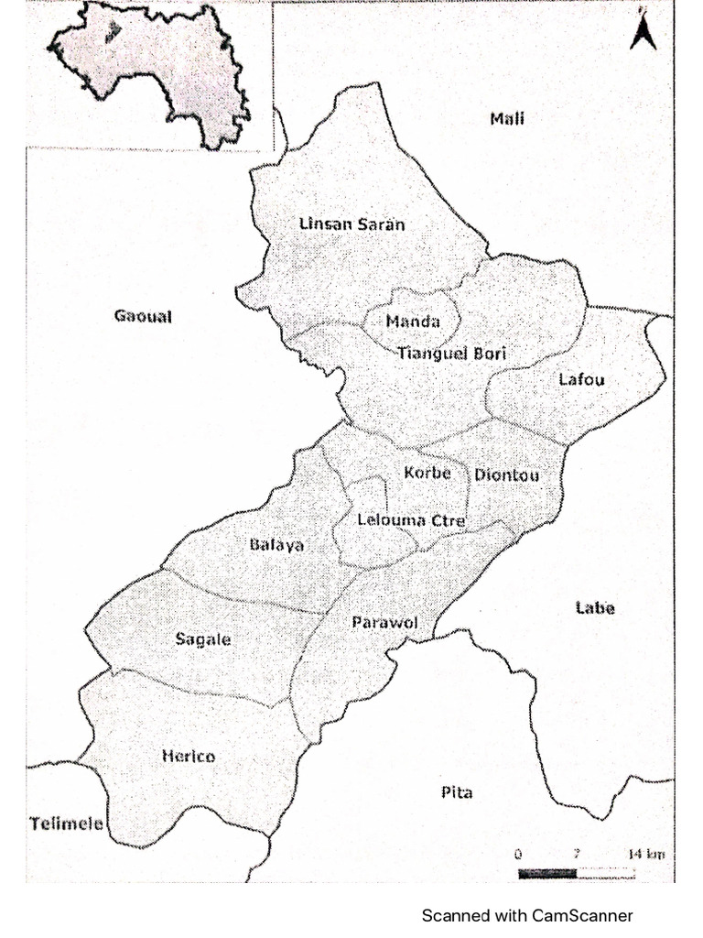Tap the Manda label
click(x=412, y=322)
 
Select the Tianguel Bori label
click(x=452, y=353)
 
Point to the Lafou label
click(x=582, y=379)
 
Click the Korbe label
click(x=427, y=474)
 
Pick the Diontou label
click(x=506, y=475)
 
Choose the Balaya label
click(x=276, y=545)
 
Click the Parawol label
click(x=384, y=623)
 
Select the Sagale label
click(x=203, y=639)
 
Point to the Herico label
click(x=188, y=757)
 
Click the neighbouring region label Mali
click(x=507, y=118)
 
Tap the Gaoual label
click(x=143, y=317)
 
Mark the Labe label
click(x=595, y=608)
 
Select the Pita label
click(x=457, y=792)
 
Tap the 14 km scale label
click(x=646, y=855)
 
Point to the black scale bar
click(x=547, y=873)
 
